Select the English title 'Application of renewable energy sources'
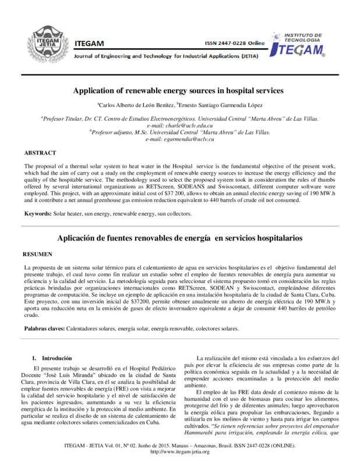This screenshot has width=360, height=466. [178, 91]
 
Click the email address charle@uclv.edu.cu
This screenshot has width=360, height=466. [180, 125]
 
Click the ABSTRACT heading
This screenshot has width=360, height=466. [40, 153]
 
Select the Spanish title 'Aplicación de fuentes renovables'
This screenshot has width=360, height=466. [178, 238]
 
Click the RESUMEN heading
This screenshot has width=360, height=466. [38, 255]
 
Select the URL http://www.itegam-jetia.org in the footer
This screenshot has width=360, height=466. [179, 452]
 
